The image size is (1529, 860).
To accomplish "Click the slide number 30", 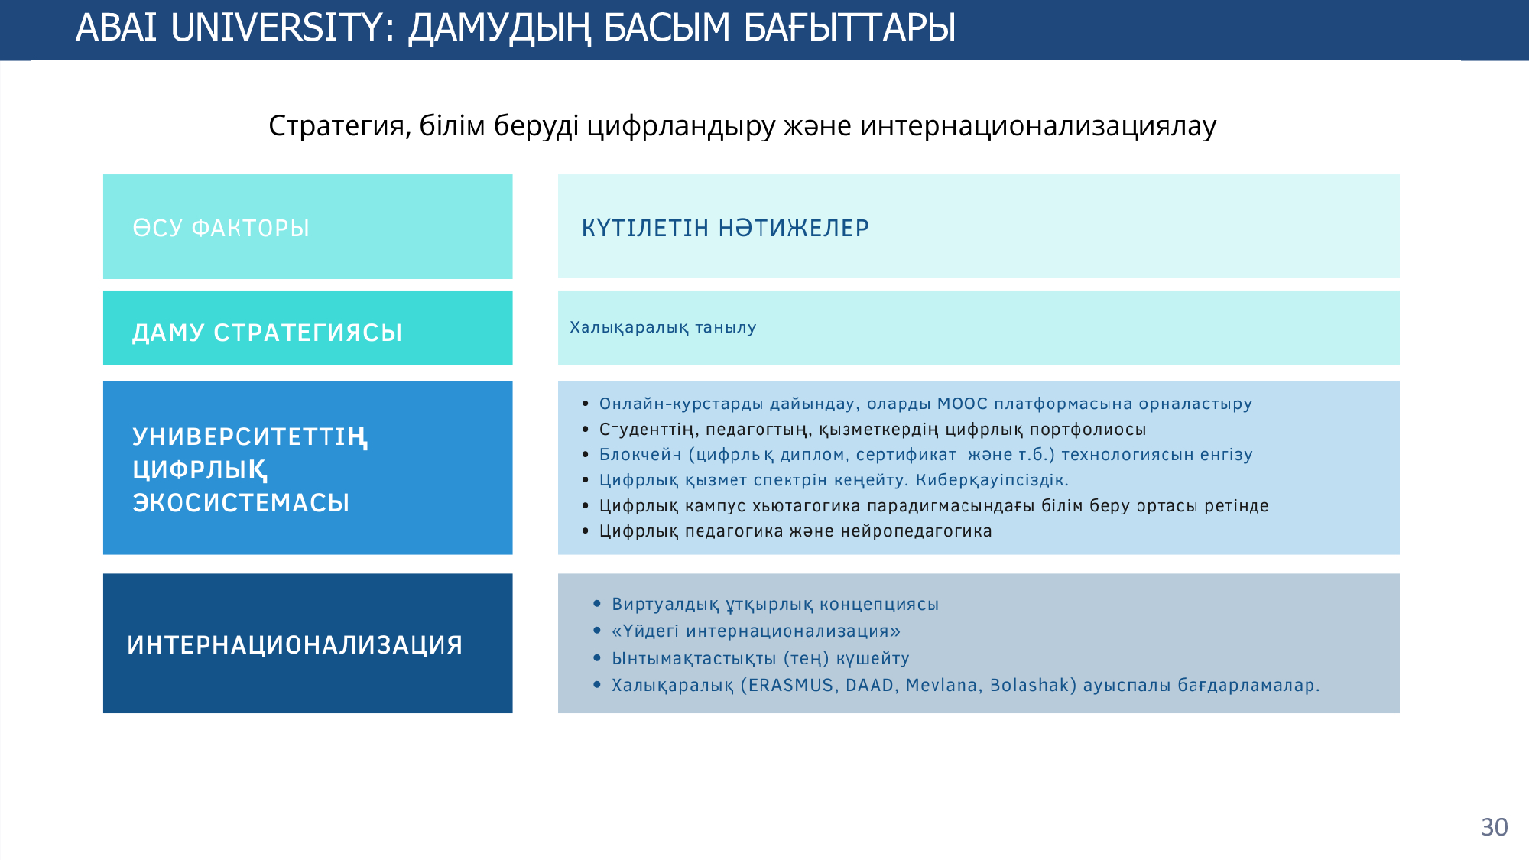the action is [x=1495, y=827].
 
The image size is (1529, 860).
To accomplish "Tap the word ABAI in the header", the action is [x=116, y=28].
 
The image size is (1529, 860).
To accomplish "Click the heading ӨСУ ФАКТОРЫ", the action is [x=221, y=228].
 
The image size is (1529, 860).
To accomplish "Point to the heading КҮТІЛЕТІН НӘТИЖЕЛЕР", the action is [x=726, y=228].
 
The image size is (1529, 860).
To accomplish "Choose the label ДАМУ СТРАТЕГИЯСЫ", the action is [x=268, y=333].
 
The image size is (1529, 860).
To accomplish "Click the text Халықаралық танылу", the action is [x=663, y=327].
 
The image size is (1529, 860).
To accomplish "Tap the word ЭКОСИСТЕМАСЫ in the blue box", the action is [x=241, y=502].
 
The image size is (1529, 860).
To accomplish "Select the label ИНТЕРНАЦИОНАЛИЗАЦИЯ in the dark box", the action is [x=295, y=644].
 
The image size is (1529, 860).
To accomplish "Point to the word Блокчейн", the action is [x=641, y=455].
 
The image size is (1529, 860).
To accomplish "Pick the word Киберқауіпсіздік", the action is [x=992, y=480].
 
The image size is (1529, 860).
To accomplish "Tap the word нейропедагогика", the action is [x=916, y=531].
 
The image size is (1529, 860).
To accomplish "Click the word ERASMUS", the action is [x=791, y=685].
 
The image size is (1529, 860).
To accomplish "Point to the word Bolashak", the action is [x=1030, y=685].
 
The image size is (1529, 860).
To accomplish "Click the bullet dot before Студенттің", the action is [x=586, y=429].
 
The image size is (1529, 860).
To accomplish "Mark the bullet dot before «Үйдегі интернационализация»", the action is [x=598, y=631].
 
